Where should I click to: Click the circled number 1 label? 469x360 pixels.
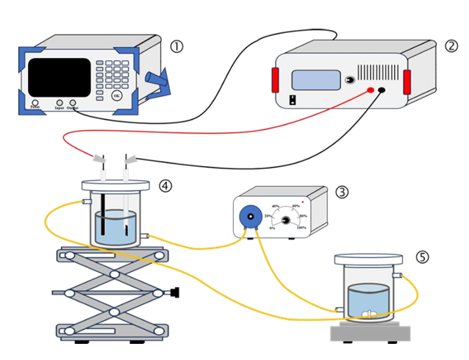[x=176, y=46]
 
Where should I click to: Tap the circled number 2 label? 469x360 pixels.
[x=451, y=46]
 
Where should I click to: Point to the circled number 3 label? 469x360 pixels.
[x=342, y=192]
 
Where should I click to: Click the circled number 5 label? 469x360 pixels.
[x=421, y=257]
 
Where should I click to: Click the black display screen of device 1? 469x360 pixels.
[x=60, y=75]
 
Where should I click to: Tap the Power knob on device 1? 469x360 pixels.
[x=34, y=101]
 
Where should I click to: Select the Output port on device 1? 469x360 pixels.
[x=73, y=102]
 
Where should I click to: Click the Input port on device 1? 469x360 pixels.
[x=60, y=102]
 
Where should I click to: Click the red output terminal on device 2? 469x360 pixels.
[x=370, y=90]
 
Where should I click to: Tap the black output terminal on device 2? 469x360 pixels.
[x=382, y=90]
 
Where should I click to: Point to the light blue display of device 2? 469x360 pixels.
[x=315, y=79]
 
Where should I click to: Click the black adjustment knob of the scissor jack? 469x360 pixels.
[x=176, y=293]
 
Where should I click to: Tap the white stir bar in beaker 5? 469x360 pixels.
[x=370, y=315]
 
